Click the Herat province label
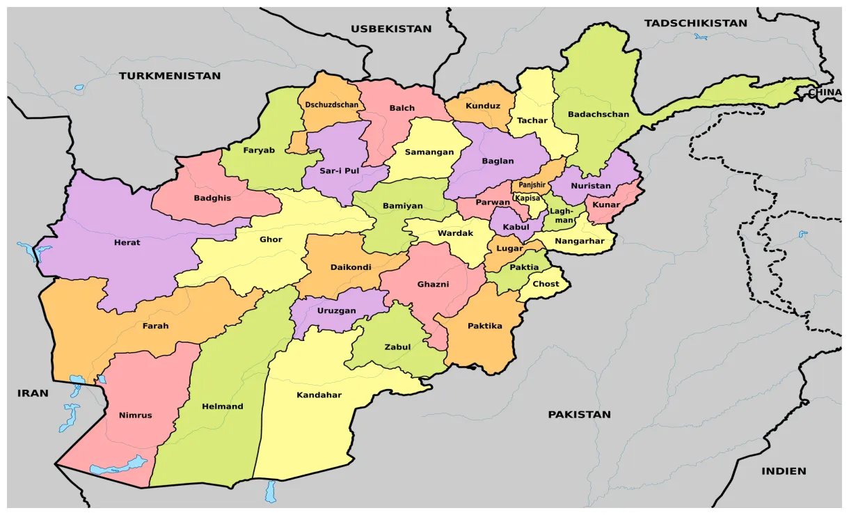127,243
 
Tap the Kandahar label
319,395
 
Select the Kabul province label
516,227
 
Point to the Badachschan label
598,114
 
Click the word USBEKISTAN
390,29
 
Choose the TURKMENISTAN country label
169,76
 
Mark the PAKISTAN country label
579,415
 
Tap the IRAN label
33,393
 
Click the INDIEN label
784,471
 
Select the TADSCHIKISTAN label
695,24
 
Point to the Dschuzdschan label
332,105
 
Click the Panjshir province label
532,185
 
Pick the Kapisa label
527,198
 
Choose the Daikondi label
351,267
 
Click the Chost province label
546,284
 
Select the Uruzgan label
336,311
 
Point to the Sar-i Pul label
339,171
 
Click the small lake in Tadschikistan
700,36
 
